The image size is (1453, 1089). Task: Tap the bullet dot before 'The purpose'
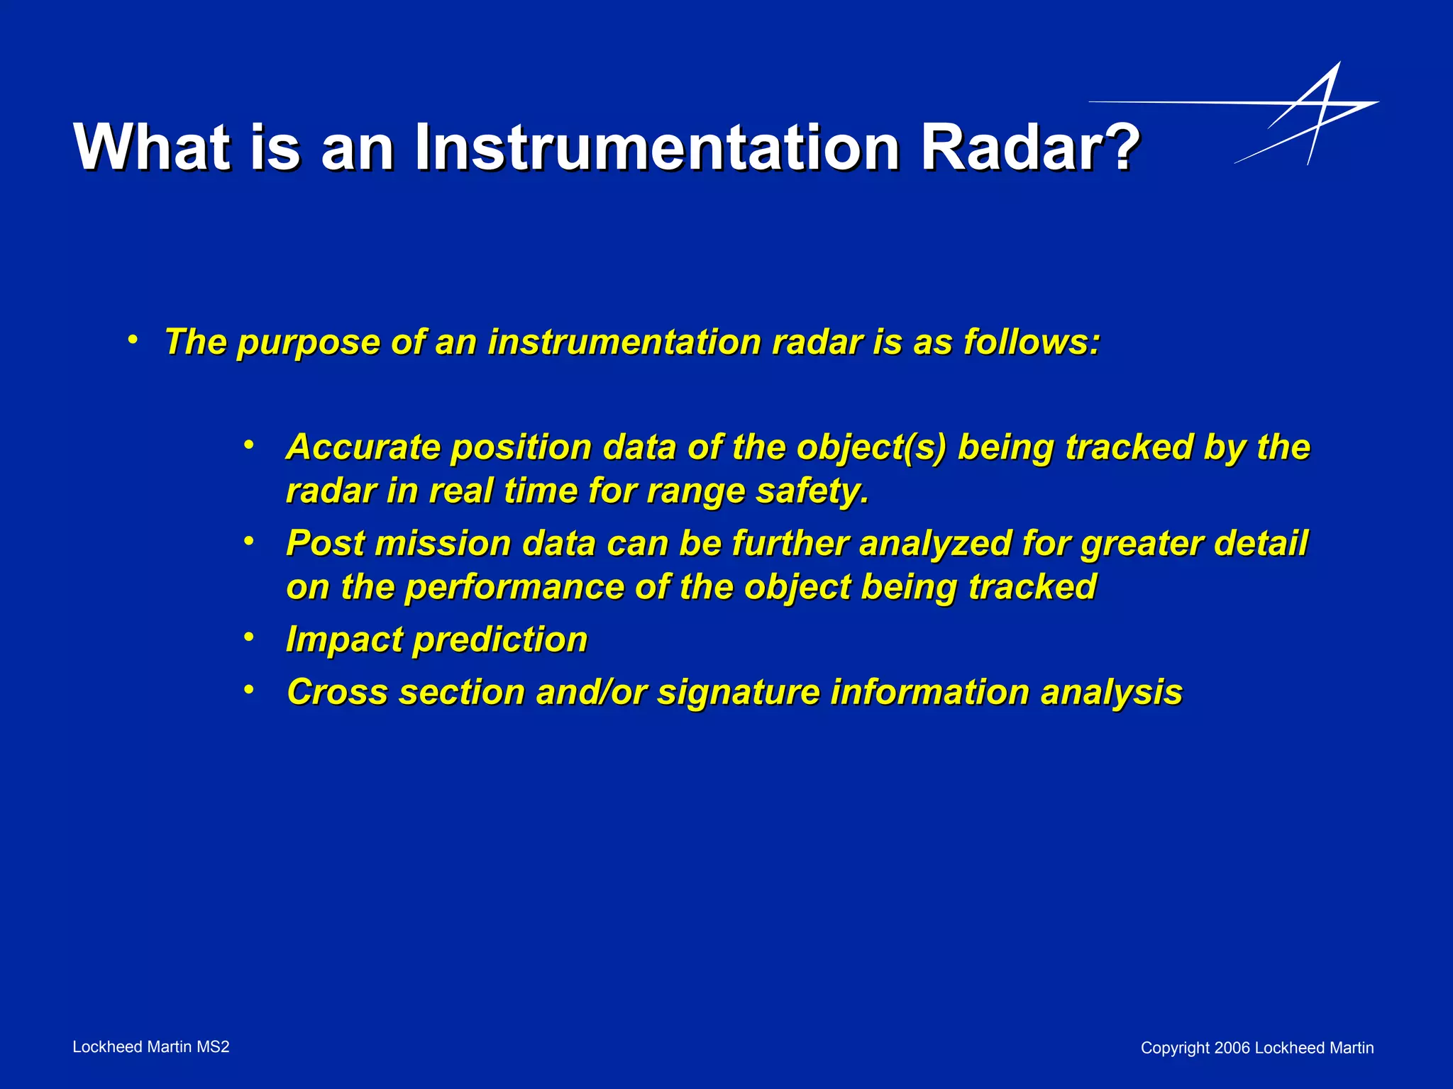point(133,340)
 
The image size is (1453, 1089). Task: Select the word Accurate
point(363,447)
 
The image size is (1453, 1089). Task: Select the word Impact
point(344,640)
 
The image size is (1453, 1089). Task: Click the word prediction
point(501,640)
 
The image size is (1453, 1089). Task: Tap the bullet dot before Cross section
point(248,690)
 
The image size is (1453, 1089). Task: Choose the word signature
point(738,693)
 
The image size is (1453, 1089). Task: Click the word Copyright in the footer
point(1175,1049)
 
